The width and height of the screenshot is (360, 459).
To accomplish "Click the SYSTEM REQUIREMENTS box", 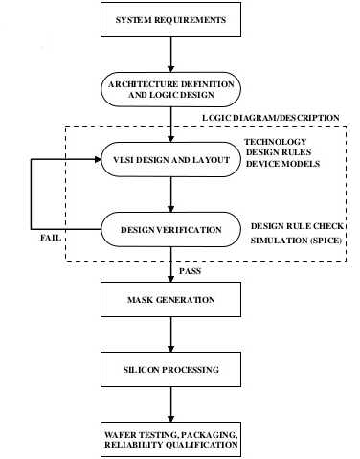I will pos(171,20).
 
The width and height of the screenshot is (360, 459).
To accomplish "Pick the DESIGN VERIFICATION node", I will pos(171,230).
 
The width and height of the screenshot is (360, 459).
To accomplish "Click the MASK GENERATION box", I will pos(171,301).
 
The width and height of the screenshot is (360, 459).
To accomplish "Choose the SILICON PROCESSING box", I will pos(171,369).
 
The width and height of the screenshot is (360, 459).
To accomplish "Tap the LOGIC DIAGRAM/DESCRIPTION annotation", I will pos(270,118).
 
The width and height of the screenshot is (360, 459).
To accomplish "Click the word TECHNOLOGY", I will pos(275,141).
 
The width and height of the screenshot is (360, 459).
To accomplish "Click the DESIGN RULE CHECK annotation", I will pos(296,224).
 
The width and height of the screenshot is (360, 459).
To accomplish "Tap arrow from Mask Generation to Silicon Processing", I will pos(171,335).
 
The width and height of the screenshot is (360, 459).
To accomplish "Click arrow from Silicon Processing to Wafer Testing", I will pos(171,403).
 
